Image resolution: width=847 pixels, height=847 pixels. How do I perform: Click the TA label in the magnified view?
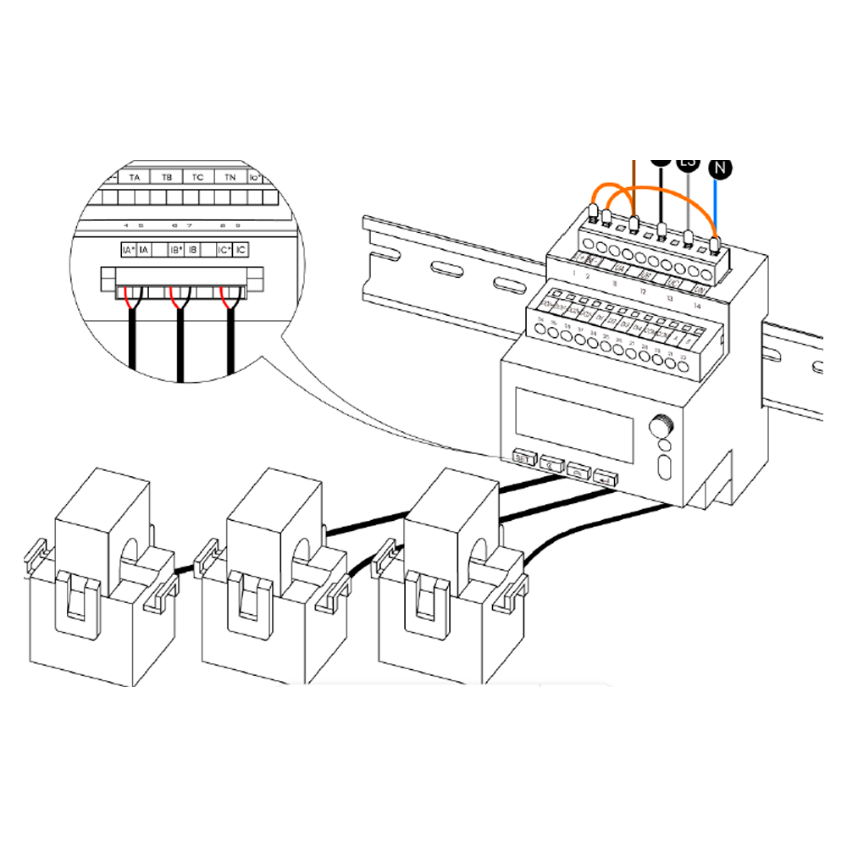tap(135, 178)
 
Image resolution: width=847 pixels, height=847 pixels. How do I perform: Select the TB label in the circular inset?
tap(167, 178)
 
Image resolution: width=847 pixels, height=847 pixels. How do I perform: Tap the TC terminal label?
tap(198, 178)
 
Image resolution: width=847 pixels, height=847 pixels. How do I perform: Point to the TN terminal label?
tap(230, 178)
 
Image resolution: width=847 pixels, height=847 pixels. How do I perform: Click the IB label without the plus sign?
tap(193, 251)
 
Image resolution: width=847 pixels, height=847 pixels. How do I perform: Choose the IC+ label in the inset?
tap(224, 251)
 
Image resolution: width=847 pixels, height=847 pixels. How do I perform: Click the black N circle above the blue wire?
tap(721, 168)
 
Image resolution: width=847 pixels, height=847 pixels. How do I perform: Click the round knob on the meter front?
tap(661, 424)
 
